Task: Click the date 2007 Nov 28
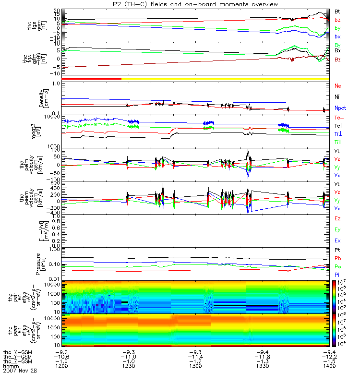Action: click(20, 371)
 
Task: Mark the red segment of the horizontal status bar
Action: click(92, 78)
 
